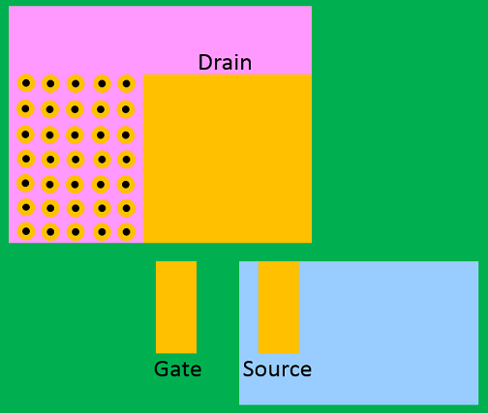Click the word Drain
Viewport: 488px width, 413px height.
[x=225, y=62]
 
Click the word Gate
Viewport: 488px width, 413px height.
[x=178, y=369]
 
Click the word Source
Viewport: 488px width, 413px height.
[x=277, y=369]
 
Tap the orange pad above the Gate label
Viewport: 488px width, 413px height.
[x=176, y=308]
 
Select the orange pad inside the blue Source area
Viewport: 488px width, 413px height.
[x=279, y=308]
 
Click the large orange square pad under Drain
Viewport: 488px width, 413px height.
[x=228, y=159]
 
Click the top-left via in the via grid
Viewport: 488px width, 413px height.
[x=26, y=83]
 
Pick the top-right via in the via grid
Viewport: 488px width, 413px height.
[x=126, y=84]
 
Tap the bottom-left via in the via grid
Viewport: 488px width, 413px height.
[x=26, y=231]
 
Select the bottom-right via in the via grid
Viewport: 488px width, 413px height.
[x=126, y=232]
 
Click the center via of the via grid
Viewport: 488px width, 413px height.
[x=76, y=160]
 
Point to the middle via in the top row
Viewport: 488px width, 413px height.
[x=76, y=84]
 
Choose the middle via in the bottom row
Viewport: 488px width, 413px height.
[x=76, y=232]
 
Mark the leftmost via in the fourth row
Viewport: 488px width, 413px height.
[x=26, y=159]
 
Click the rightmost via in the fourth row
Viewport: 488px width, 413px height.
[x=126, y=160]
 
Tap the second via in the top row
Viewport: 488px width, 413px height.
[x=50, y=84]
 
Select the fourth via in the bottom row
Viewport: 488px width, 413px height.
[x=102, y=232]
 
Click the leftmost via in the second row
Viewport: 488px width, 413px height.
[x=25, y=109]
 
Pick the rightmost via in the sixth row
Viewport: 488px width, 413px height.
[x=126, y=208]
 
